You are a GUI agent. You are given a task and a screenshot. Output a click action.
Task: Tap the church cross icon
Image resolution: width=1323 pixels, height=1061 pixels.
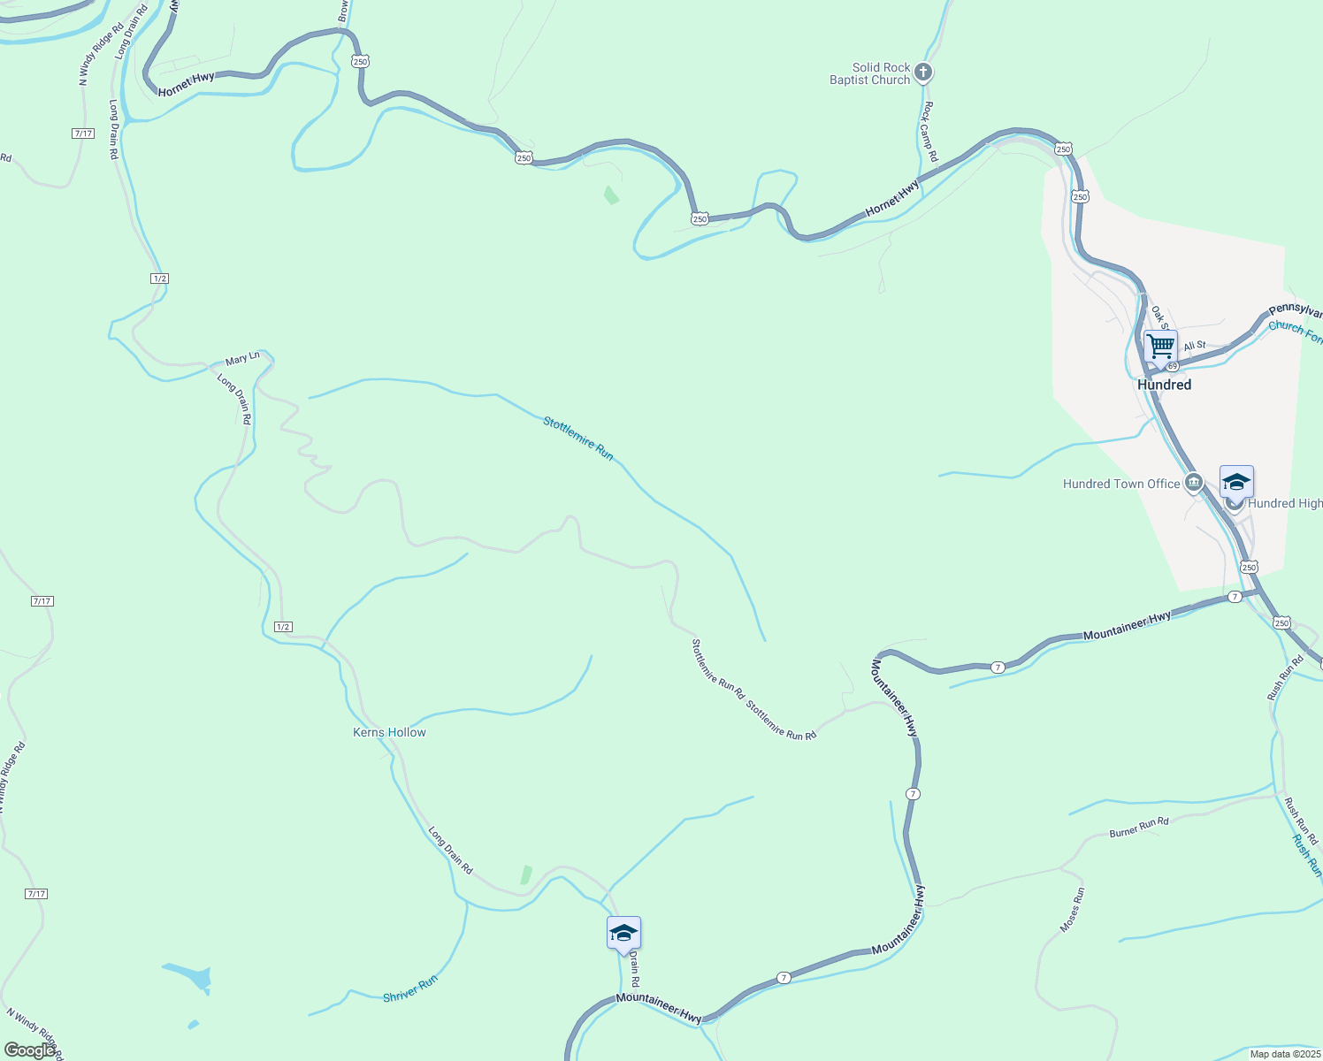[x=923, y=73]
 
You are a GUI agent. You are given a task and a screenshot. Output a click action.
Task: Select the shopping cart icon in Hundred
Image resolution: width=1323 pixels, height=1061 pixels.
[x=1160, y=345]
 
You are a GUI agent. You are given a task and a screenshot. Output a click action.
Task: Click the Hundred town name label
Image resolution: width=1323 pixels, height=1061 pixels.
[x=1164, y=385]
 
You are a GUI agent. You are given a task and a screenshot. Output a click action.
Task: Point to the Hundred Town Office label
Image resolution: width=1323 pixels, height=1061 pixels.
[x=1120, y=484]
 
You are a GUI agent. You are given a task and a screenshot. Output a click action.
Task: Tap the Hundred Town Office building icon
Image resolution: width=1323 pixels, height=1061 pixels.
[x=1194, y=483]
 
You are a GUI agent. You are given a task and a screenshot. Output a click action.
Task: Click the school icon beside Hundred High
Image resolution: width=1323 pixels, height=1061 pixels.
[x=1236, y=483]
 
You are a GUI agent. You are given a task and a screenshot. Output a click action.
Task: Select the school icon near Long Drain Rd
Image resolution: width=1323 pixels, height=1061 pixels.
[x=623, y=934]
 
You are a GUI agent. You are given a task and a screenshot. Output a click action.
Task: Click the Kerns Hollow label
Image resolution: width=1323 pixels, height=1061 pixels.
[x=389, y=732]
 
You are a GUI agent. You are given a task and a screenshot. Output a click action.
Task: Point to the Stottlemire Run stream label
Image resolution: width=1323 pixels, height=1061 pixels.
[x=577, y=438]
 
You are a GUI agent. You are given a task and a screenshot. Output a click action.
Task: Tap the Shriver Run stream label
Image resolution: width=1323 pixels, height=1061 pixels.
[x=410, y=989]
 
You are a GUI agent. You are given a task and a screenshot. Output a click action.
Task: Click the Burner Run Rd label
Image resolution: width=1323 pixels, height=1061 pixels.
[x=1139, y=828]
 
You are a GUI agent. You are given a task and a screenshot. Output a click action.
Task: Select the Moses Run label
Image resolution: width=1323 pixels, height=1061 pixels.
[x=1072, y=910]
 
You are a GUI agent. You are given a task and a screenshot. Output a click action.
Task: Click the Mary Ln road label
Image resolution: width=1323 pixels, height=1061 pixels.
[x=242, y=359]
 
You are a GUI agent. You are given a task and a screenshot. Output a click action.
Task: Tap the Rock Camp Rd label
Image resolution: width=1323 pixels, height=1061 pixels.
[x=929, y=131]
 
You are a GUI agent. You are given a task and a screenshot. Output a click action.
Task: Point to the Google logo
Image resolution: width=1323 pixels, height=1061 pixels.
[x=29, y=1050]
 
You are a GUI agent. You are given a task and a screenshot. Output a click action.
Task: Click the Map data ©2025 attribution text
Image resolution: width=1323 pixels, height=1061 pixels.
[x=1285, y=1054]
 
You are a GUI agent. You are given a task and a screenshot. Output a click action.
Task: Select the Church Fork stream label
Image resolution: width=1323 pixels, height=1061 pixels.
[x=1295, y=332]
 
